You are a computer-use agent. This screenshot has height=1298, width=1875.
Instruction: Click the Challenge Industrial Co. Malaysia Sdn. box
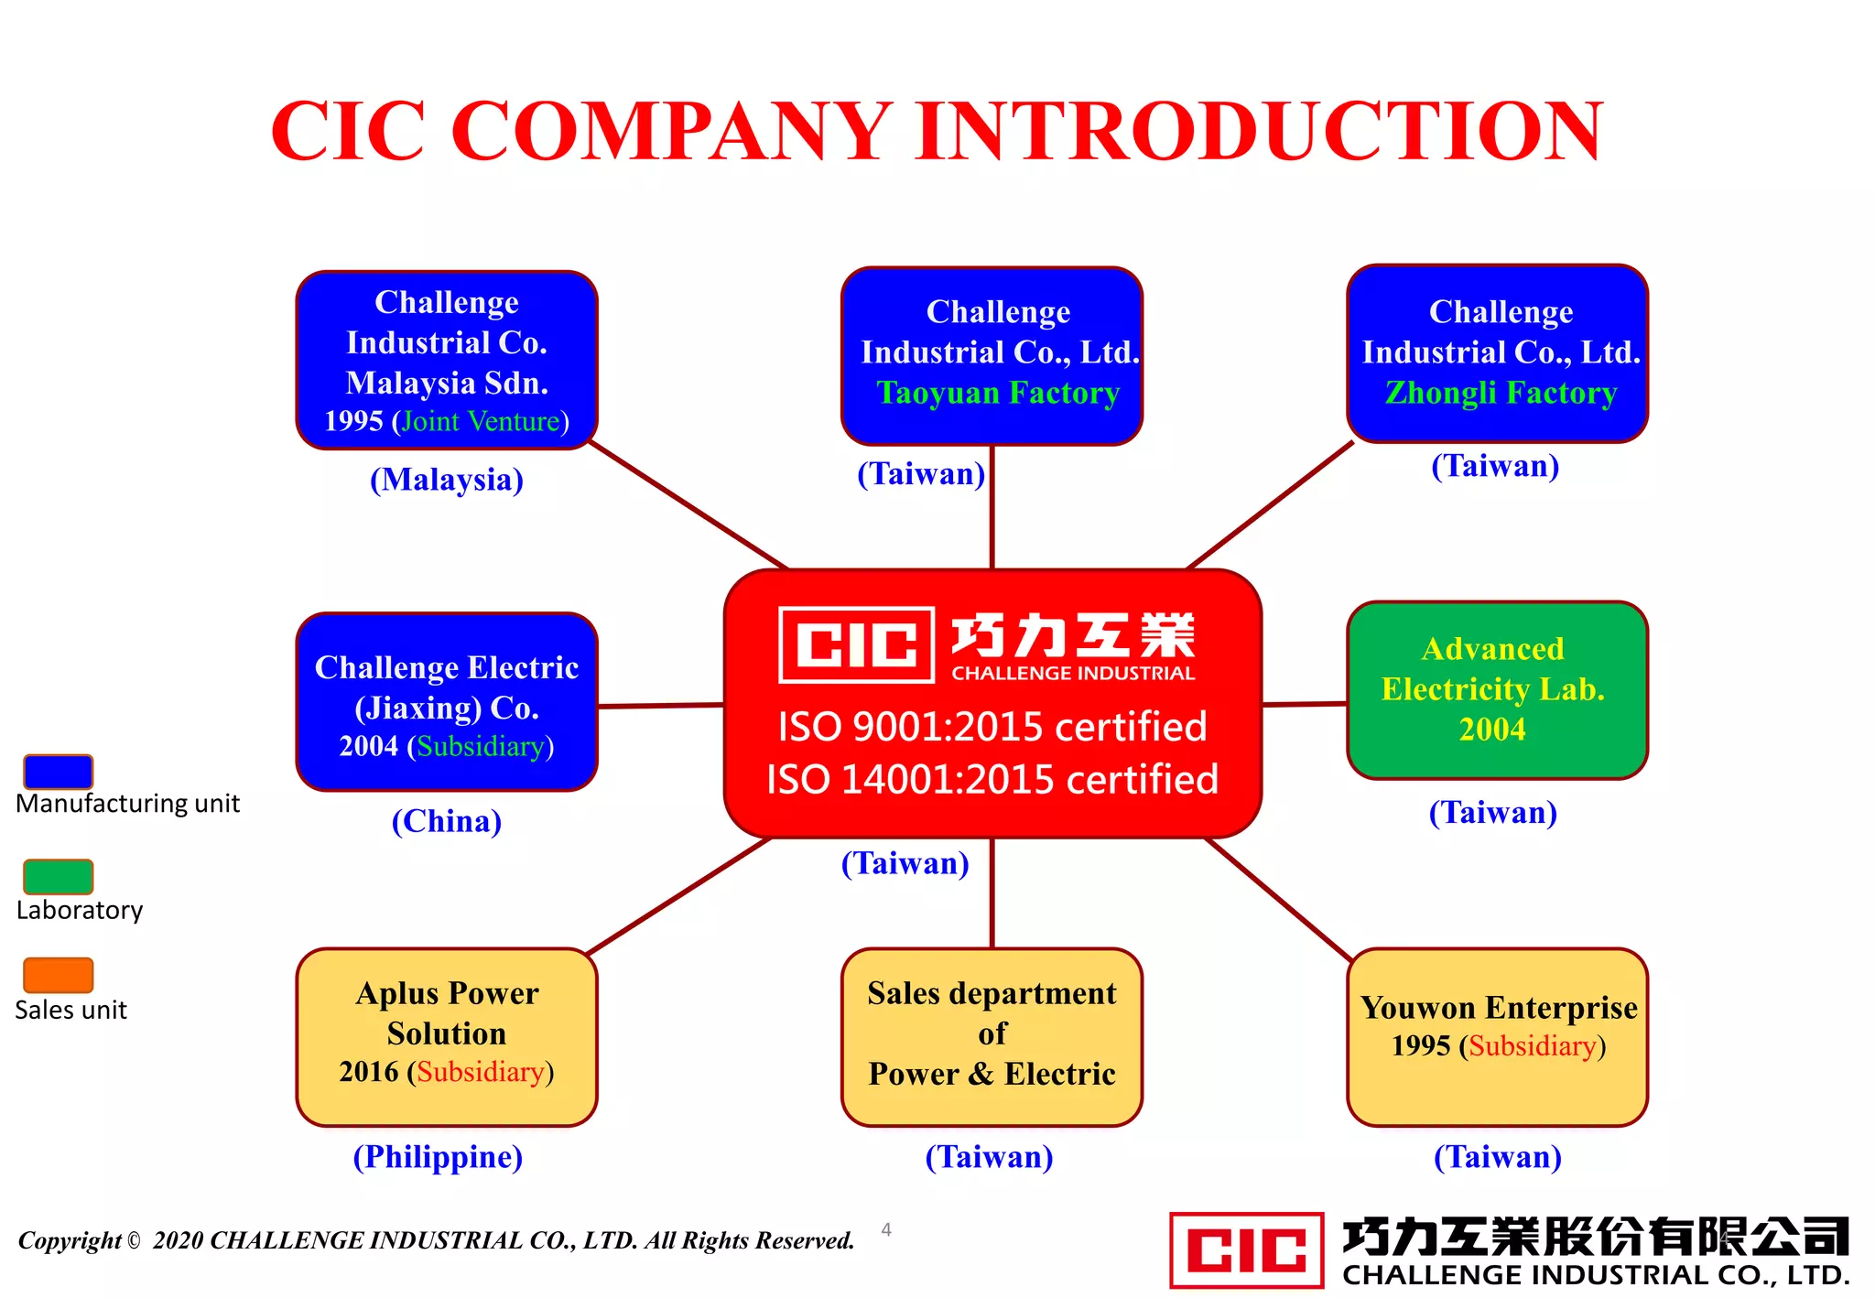[447, 360]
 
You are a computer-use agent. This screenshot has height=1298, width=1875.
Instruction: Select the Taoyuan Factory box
[992, 356]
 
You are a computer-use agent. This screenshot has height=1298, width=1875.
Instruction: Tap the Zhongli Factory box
[1497, 353]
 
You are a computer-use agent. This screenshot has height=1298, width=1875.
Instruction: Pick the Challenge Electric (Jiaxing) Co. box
[447, 702]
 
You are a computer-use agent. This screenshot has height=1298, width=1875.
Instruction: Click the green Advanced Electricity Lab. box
[1497, 690]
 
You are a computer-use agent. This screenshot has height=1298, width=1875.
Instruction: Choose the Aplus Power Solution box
[447, 1036]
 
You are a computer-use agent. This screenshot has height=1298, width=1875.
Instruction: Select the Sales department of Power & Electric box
[992, 1036]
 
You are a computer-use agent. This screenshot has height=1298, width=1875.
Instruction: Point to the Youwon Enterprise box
[1497, 1036]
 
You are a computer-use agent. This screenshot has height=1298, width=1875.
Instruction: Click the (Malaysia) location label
[447, 480]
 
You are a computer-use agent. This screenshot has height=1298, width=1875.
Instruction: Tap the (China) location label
[447, 821]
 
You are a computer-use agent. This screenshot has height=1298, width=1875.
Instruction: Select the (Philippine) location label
[438, 1157]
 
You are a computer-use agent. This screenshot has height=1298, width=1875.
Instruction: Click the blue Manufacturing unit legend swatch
[58, 772]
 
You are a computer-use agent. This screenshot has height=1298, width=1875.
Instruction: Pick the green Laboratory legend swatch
[58, 876]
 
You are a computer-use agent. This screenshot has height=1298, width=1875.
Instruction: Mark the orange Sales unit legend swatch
[58, 975]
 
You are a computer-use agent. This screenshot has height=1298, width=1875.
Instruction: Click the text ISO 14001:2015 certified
[992, 780]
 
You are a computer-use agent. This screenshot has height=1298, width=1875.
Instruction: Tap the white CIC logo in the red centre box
[856, 644]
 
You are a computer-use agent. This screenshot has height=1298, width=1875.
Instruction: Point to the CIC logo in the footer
[1246, 1249]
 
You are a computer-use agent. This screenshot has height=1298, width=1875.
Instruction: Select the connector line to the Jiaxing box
[660, 706]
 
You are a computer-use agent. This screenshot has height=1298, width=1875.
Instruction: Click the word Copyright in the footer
[70, 1241]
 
